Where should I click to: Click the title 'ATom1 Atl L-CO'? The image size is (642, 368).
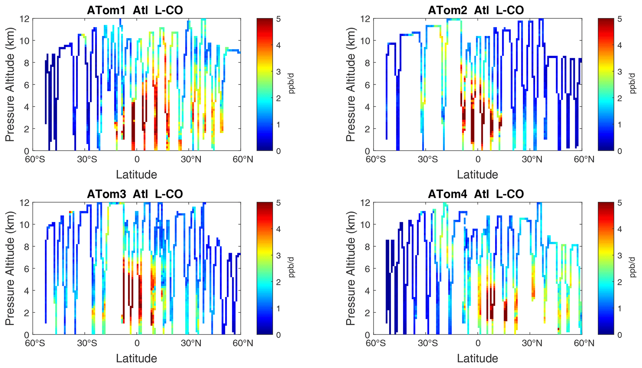point(135,10)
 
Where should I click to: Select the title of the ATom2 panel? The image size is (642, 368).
point(476,10)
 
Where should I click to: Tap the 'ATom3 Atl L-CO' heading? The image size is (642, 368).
point(135,194)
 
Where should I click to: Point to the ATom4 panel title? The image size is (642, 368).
point(476,194)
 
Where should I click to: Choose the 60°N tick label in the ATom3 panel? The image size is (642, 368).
point(243,343)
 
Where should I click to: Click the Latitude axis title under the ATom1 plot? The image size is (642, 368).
point(137,175)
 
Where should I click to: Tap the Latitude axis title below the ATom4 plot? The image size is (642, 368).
point(477,359)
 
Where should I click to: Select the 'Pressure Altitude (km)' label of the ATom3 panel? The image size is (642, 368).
point(10,268)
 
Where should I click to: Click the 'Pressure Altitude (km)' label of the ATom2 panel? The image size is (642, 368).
point(351,85)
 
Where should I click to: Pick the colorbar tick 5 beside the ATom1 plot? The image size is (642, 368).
point(278,19)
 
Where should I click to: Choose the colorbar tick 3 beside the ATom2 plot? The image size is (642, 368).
point(619,72)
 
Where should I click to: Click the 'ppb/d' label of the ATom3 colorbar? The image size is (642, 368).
point(291,268)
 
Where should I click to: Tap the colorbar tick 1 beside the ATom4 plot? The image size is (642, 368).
point(619,309)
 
